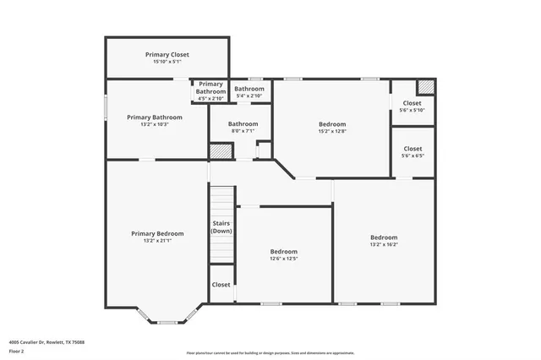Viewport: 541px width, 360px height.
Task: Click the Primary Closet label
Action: pos(167,54)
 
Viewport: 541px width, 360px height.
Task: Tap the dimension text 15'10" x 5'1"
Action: pos(167,62)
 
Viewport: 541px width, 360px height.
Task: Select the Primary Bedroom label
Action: pos(157,233)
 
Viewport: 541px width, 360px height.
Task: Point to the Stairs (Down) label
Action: pos(221,227)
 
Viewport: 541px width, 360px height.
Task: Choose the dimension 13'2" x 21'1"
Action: pos(157,242)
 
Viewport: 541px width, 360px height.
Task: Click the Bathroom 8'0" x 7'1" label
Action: pos(243,124)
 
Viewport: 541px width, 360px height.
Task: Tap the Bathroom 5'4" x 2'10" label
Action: pos(249,89)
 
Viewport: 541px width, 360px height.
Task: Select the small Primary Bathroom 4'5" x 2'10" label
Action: pos(210,88)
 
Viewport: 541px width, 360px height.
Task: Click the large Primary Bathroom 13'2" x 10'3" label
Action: pos(155,117)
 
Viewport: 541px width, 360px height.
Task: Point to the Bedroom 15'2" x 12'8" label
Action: pos(332,124)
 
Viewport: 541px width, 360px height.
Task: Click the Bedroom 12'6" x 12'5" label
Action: pos(283,252)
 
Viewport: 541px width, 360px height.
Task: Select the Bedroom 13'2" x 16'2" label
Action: pos(383,237)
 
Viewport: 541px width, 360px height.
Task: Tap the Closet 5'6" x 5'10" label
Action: pos(413,103)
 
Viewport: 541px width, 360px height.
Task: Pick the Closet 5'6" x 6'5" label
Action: pos(413,149)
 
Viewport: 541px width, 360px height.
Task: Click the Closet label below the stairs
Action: pos(221,285)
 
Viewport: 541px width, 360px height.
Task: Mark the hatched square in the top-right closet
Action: pos(427,86)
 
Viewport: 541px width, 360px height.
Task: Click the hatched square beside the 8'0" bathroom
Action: pos(221,151)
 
